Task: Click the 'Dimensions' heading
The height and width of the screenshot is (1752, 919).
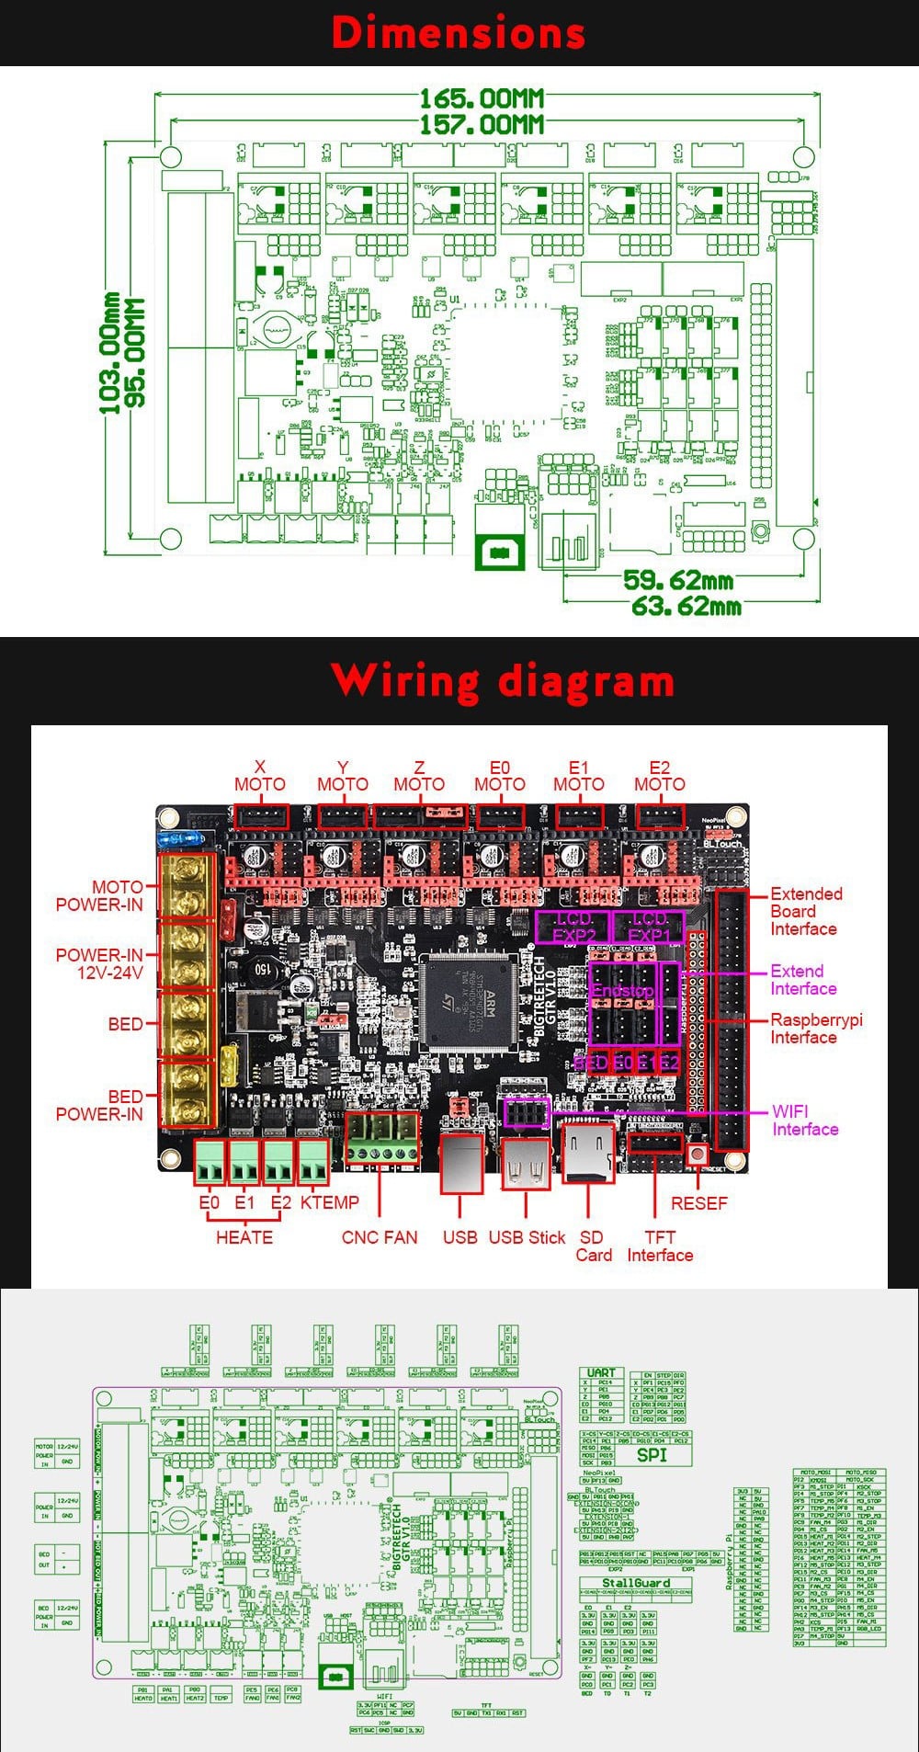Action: coord(458,33)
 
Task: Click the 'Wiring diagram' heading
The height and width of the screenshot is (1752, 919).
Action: coord(503,681)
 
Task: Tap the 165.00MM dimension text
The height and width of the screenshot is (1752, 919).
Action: coord(482,97)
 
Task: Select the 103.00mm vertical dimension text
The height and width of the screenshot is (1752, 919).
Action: coord(110,353)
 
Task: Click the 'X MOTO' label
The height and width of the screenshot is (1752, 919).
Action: coord(260,776)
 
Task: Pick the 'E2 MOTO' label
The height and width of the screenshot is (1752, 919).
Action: coord(660,776)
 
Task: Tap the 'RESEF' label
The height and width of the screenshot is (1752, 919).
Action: coord(698,1203)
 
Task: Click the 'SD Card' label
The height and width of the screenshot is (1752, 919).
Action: coord(593,1246)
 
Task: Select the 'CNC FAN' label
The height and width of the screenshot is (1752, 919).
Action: coord(380,1237)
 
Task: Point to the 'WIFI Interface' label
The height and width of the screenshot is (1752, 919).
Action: coord(805,1121)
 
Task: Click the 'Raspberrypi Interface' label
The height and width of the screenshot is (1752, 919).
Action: coord(816,1029)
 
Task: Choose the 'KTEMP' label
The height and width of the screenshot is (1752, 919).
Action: coord(329,1202)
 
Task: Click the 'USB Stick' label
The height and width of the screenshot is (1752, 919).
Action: coord(527,1237)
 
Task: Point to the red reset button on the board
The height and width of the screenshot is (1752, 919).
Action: coord(697,1155)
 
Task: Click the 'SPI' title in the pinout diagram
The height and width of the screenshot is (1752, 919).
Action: coord(652,1455)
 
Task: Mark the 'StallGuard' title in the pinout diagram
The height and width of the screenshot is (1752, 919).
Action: coord(636,1583)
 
